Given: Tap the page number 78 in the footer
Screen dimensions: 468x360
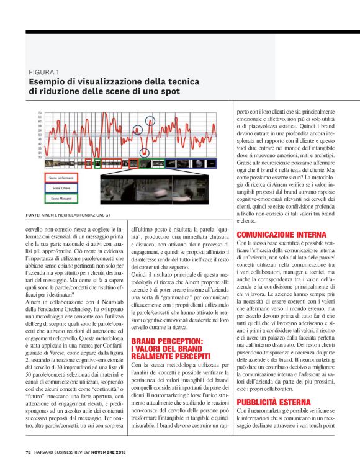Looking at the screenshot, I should point(28,450).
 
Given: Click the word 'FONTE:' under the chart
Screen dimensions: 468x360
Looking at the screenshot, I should point(33,215).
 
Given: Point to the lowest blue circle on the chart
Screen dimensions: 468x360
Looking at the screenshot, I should point(144,153).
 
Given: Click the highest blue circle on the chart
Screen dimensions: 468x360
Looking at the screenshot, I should point(150,120).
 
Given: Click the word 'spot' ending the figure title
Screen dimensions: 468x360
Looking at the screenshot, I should point(169,91).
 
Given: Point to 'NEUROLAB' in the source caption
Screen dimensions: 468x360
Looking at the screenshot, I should point(78,215).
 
